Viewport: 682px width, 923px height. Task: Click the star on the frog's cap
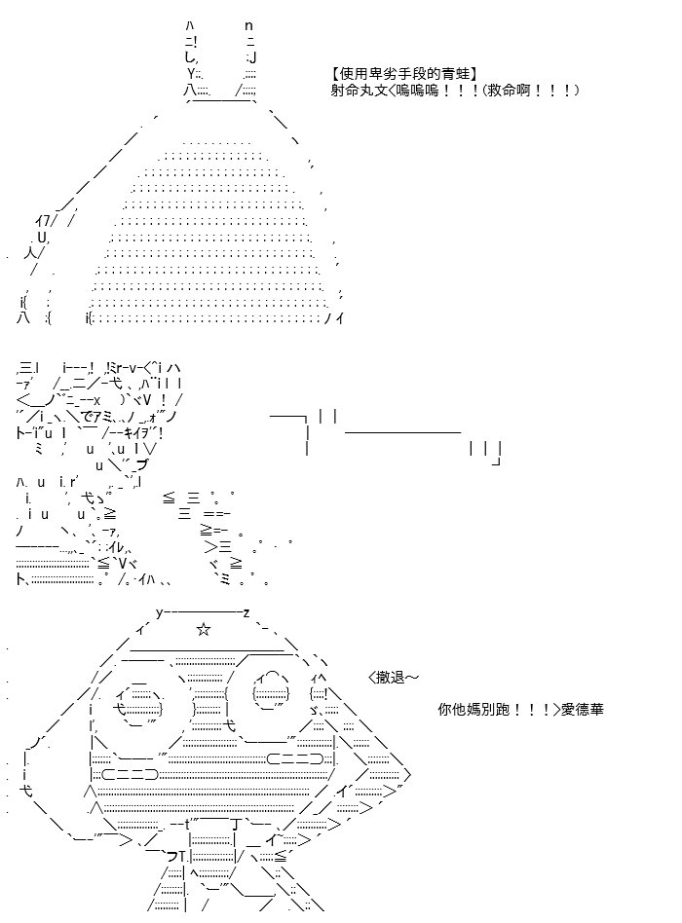tap(204, 630)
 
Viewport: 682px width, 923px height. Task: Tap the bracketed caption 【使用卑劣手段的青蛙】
tap(404, 74)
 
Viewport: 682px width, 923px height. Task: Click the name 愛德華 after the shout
tap(582, 709)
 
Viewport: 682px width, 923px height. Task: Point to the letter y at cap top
tap(159, 613)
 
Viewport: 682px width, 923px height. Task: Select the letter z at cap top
tap(246, 613)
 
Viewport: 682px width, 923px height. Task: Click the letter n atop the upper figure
tap(248, 26)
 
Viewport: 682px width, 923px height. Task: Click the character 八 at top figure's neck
tap(189, 91)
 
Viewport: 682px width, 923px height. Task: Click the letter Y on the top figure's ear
tap(191, 74)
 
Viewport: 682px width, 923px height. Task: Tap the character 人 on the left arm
tap(31, 253)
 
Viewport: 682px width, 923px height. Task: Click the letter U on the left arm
tap(41, 238)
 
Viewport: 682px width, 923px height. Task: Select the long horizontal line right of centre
tap(402, 432)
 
